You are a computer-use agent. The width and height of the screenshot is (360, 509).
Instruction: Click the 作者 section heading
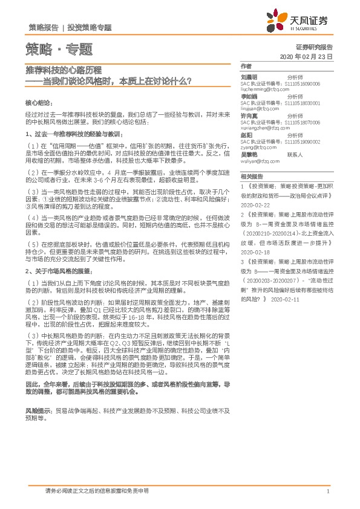246,66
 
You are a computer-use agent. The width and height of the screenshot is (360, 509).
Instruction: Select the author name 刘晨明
249,77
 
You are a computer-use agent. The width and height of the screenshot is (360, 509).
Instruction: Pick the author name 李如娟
249,96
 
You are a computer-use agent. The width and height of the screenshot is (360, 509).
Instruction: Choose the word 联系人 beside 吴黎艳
295,154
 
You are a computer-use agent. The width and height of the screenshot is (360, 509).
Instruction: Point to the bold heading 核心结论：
40,103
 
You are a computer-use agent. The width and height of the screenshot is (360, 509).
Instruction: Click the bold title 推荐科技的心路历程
63,70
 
